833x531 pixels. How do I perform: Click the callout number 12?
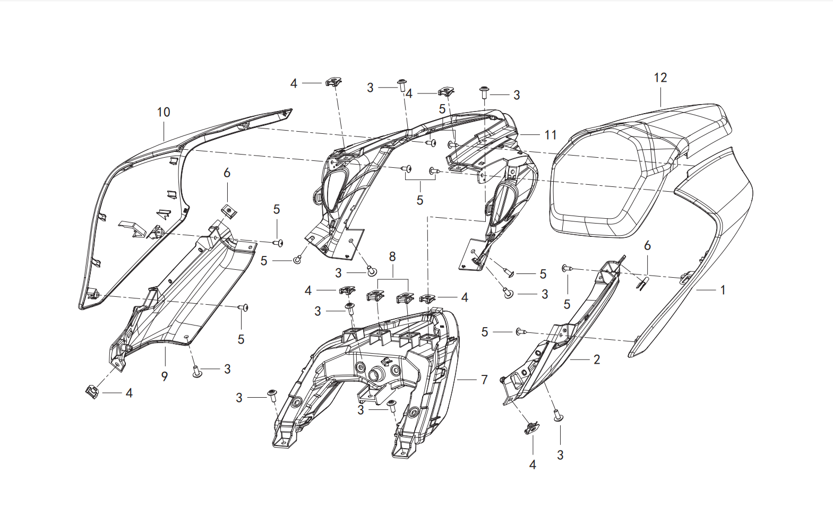coord(660,78)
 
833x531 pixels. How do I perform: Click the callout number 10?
coord(164,112)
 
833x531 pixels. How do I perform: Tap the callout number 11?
coord(551,135)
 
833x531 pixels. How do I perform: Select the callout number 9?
coord(165,376)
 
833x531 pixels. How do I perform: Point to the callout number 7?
coord(484,380)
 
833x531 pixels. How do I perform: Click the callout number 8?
coord(392,256)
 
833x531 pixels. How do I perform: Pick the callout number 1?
coord(723,290)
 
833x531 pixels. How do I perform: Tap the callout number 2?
coord(597,359)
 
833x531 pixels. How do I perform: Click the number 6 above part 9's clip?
coord(227,173)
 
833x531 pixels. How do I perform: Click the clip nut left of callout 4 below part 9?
coord(92,392)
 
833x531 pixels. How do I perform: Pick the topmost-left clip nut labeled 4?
coord(333,82)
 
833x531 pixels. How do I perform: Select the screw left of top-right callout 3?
coord(484,92)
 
